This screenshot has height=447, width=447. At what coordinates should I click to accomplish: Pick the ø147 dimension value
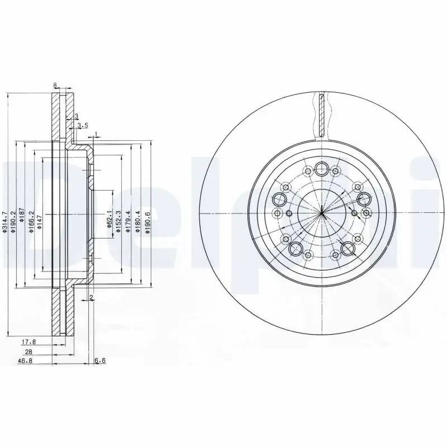40,215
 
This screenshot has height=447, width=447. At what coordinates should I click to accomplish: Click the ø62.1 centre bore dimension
110,215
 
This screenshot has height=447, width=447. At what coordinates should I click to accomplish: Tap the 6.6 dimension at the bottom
100,361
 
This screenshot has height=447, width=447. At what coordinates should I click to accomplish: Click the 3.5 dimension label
83,125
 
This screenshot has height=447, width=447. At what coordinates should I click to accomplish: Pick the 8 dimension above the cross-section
55,85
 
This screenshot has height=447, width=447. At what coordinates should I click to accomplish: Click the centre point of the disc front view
322,214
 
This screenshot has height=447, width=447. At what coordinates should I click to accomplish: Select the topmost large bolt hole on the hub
321,168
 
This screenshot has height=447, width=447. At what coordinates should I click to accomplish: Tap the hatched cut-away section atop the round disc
321,115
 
